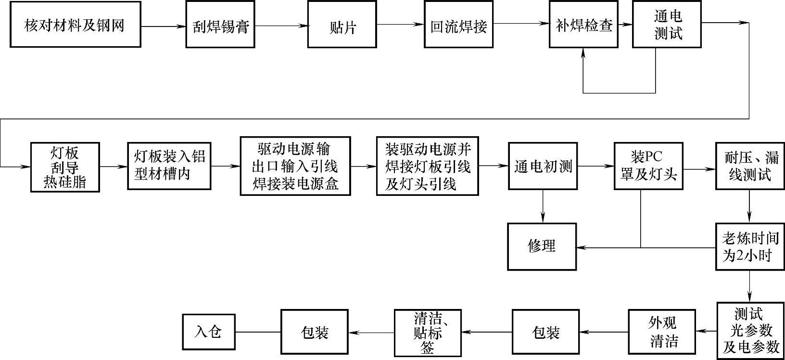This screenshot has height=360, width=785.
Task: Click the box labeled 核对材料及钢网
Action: tap(75, 25)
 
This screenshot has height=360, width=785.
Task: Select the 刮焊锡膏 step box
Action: tap(220, 25)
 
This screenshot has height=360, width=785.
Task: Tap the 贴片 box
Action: tap(342, 25)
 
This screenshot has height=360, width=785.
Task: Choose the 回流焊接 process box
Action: tap(458, 25)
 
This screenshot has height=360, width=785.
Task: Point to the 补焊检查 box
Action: tap(583, 25)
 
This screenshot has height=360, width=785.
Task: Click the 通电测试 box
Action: tap(667, 25)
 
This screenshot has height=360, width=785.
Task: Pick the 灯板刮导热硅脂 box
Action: tap(64, 167)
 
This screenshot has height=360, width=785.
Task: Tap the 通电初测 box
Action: tap(543, 166)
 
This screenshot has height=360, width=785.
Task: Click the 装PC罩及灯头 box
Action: tap(648, 166)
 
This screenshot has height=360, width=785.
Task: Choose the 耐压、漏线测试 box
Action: tap(749, 166)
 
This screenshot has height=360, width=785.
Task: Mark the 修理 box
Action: tap(542, 246)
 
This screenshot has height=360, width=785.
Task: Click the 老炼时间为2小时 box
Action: tap(749, 246)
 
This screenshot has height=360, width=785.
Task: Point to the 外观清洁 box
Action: tap(662, 332)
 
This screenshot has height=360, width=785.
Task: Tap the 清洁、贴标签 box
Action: tap(427, 333)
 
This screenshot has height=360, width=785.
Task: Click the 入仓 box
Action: tap(209, 332)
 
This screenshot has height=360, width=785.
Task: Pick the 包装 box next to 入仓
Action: tap(314, 333)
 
